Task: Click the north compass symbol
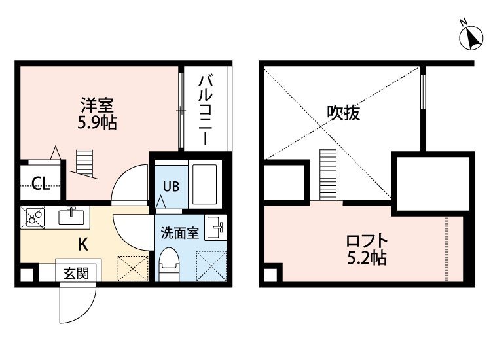pyautogui.click(x=471, y=37)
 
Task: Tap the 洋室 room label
pyautogui.click(x=97, y=105)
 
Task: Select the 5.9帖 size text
pyautogui.click(x=97, y=122)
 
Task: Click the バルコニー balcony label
pyautogui.click(x=206, y=109)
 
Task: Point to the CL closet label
pyautogui.click(x=41, y=184)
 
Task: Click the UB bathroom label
pyautogui.click(x=171, y=187)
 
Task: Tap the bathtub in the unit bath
pyautogui.click(x=204, y=185)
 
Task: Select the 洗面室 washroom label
pyautogui.click(x=180, y=233)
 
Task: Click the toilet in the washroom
pyautogui.click(x=168, y=264)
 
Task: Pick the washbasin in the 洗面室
pyautogui.click(x=215, y=227)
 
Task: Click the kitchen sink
pyautogui.click(x=71, y=216)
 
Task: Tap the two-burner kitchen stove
pyautogui.click(x=32, y=217)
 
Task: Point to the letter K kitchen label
pyautogui.click(x=82, y=244)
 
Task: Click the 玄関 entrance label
pyautogui.click(x=76, y=274)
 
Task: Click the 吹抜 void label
pyautogui.click(x=344, y=113)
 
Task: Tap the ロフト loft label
pyautogui.click(x=367, y=241)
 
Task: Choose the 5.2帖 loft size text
pyautogui.click(x=367, y=259)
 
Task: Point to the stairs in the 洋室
pyautogui.click(x=84, y=164)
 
